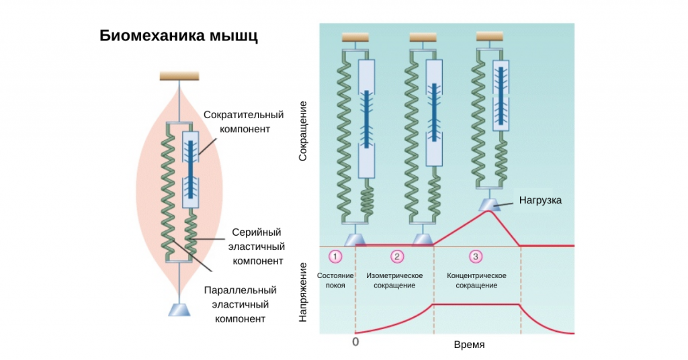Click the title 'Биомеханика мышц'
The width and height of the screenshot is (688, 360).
point(179,36)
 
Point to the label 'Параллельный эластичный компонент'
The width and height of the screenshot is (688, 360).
point(241,304)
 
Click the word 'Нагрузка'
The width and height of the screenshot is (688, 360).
point(539,200)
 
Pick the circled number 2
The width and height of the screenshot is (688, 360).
point(398,257)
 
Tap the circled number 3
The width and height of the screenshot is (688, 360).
point(475,257)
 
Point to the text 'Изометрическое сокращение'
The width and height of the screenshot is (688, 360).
point(394,280)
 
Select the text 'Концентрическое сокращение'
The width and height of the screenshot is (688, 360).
point(476,280)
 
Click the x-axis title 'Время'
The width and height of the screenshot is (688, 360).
point(469,344)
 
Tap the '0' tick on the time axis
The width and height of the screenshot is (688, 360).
point(355,341)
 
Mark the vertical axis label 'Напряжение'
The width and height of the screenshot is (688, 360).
point(303,291)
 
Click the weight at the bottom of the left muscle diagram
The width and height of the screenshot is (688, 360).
point(179,309)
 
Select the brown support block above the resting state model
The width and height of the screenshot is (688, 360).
point(355,38)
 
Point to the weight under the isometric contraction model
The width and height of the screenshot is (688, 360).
point(423,239)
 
